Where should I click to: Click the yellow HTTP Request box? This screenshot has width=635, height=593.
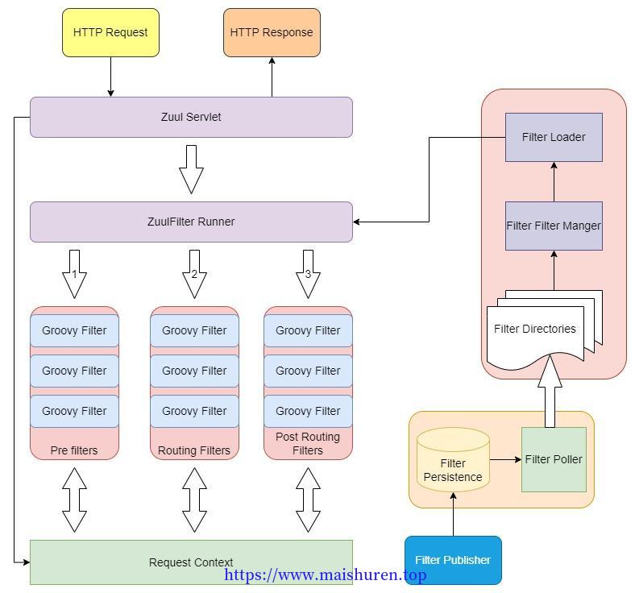coord(110,32)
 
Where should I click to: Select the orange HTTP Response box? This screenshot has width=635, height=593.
coord(272,32)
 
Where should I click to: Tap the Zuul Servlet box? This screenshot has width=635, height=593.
coord(191,117)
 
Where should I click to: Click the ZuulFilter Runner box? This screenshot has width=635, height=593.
coord(191,222)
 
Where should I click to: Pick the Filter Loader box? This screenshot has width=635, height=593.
coord(554,137)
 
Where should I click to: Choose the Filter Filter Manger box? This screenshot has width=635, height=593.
coord(554,226)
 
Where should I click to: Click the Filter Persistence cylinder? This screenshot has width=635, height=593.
coord(453,460)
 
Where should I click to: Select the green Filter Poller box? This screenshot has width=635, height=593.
coord(554,460)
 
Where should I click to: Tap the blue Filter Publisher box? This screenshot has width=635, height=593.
coord(453,560)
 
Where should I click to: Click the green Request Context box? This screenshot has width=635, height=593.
coord(191,562)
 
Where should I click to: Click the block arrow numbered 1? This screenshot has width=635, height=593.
coord(74,275)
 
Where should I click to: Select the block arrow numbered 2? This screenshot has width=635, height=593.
coord(194,275)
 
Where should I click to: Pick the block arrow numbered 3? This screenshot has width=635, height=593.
coord(308,275)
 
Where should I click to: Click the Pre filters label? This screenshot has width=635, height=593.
coord(74,450)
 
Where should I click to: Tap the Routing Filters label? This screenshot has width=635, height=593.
coord(194,450)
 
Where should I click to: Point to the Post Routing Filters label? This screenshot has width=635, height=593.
coord(308,444)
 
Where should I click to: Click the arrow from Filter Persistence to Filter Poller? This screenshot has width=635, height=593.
coord(506,460)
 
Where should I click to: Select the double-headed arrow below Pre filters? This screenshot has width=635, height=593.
coord(74,500)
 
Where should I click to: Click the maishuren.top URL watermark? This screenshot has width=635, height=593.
coord(326,574)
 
